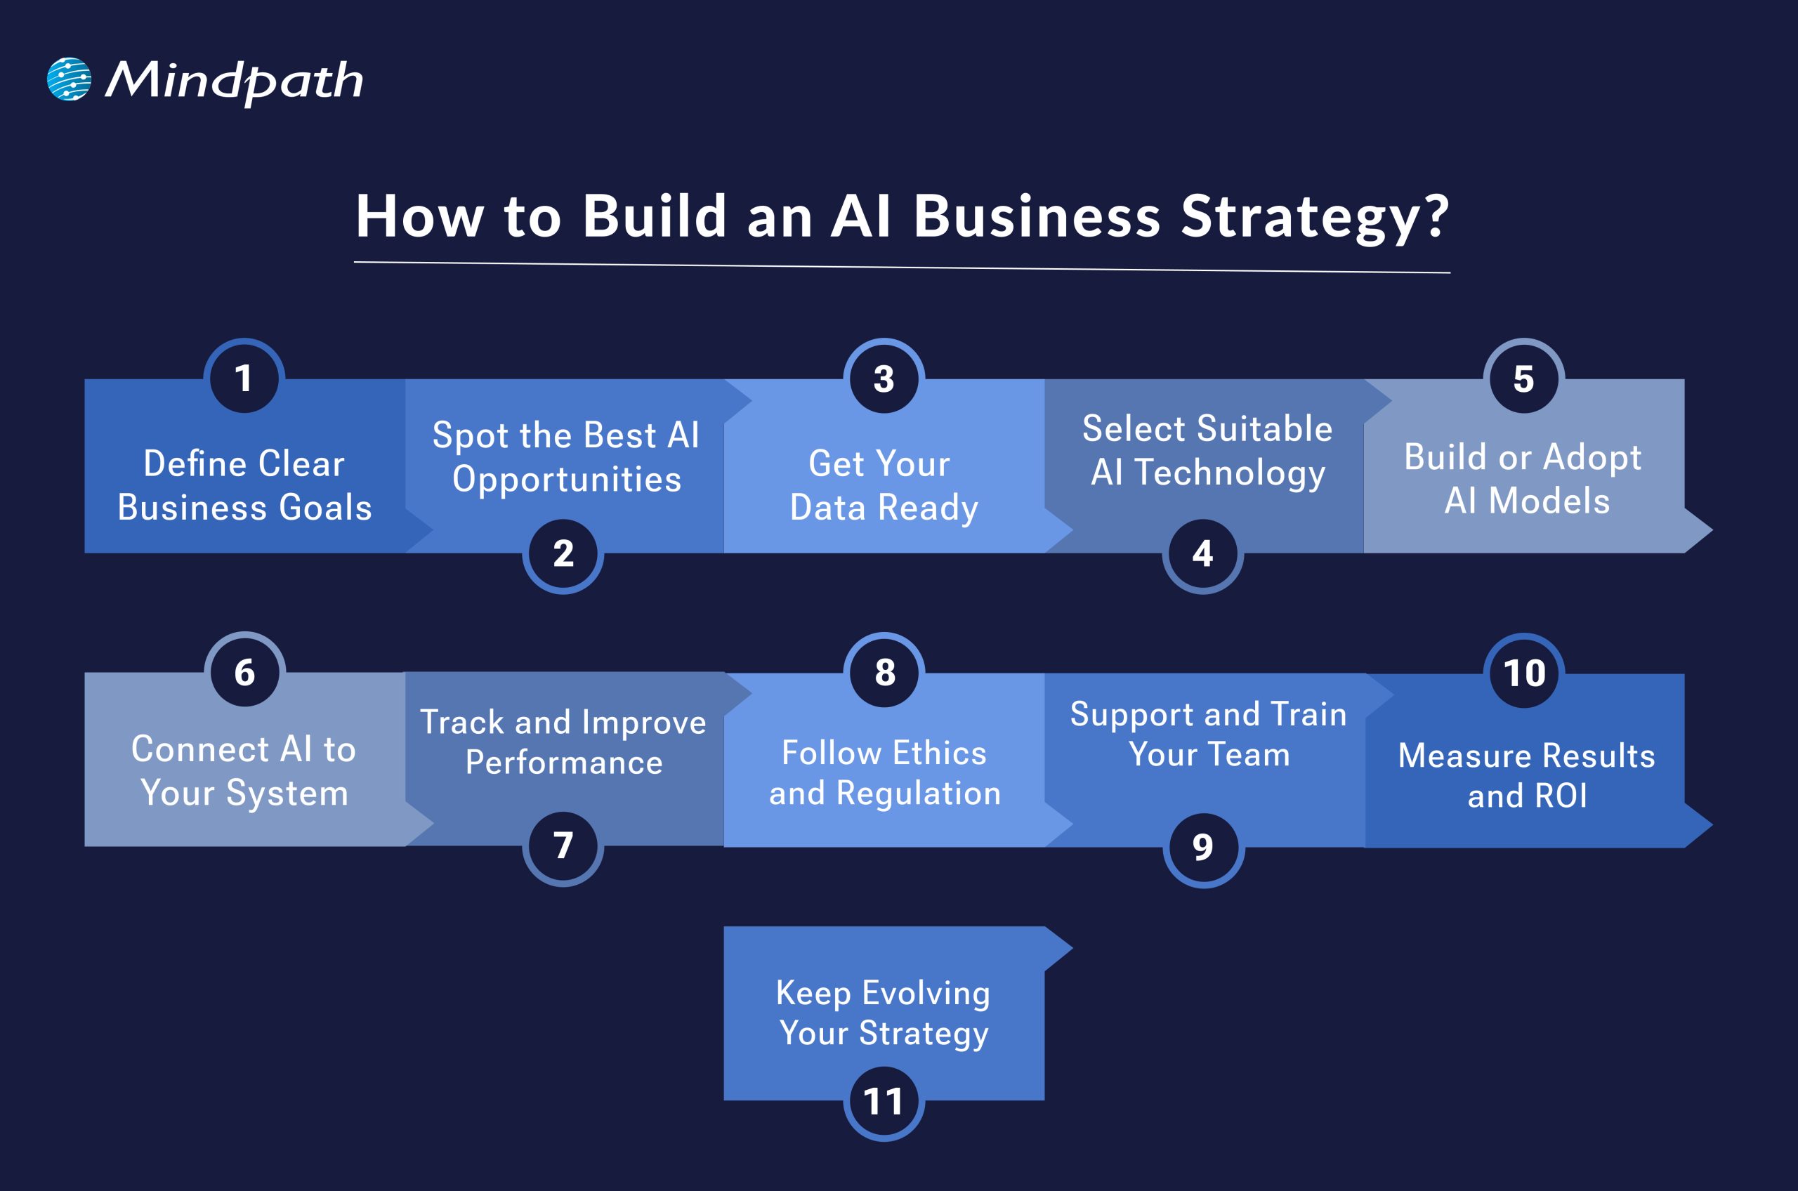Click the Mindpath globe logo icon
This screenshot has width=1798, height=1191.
pos(69,79)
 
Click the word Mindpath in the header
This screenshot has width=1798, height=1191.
pos(234,81)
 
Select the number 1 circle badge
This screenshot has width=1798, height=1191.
pos(244,379)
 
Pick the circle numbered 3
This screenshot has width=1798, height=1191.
pos(884,379)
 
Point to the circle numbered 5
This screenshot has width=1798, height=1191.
pos(1524,379)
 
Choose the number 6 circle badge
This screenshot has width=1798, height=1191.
pos(244,672)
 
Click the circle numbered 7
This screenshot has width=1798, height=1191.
pos(563,845)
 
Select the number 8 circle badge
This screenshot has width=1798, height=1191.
pos(884,672)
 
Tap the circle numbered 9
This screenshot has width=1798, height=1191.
pos(1202,847)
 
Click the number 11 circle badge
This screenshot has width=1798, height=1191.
pos(884,1101)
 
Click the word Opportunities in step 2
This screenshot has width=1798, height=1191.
pos(567,480)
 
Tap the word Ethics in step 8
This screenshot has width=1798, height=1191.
pos(940,754)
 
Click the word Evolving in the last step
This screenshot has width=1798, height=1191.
pos(926,994)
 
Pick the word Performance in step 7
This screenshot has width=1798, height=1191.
pos(564,763)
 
